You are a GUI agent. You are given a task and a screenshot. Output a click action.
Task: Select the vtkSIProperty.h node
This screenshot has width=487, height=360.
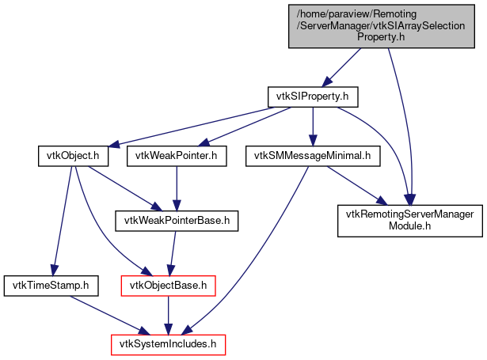pyautogui.click(x=313, y=97)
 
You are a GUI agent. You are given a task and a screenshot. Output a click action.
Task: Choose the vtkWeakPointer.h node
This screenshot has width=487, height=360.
pyautogui.click(x=177, y=156)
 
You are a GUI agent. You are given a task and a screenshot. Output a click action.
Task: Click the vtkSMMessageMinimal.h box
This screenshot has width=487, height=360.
pyautogui.click(x=313, y=156)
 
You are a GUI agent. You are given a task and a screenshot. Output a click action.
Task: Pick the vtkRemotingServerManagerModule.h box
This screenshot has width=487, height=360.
pyautogui.click(x=409, y=221)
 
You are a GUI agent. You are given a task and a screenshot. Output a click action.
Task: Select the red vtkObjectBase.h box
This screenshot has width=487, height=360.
pyautogui.click(x=168, y=284)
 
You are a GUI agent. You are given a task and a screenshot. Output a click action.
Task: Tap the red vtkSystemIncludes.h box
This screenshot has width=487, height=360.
pyautogui.click(x=167, y=344)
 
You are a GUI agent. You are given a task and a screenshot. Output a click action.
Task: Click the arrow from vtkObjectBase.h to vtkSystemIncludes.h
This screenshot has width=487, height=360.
pyautogui.click(x=168, y=314)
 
